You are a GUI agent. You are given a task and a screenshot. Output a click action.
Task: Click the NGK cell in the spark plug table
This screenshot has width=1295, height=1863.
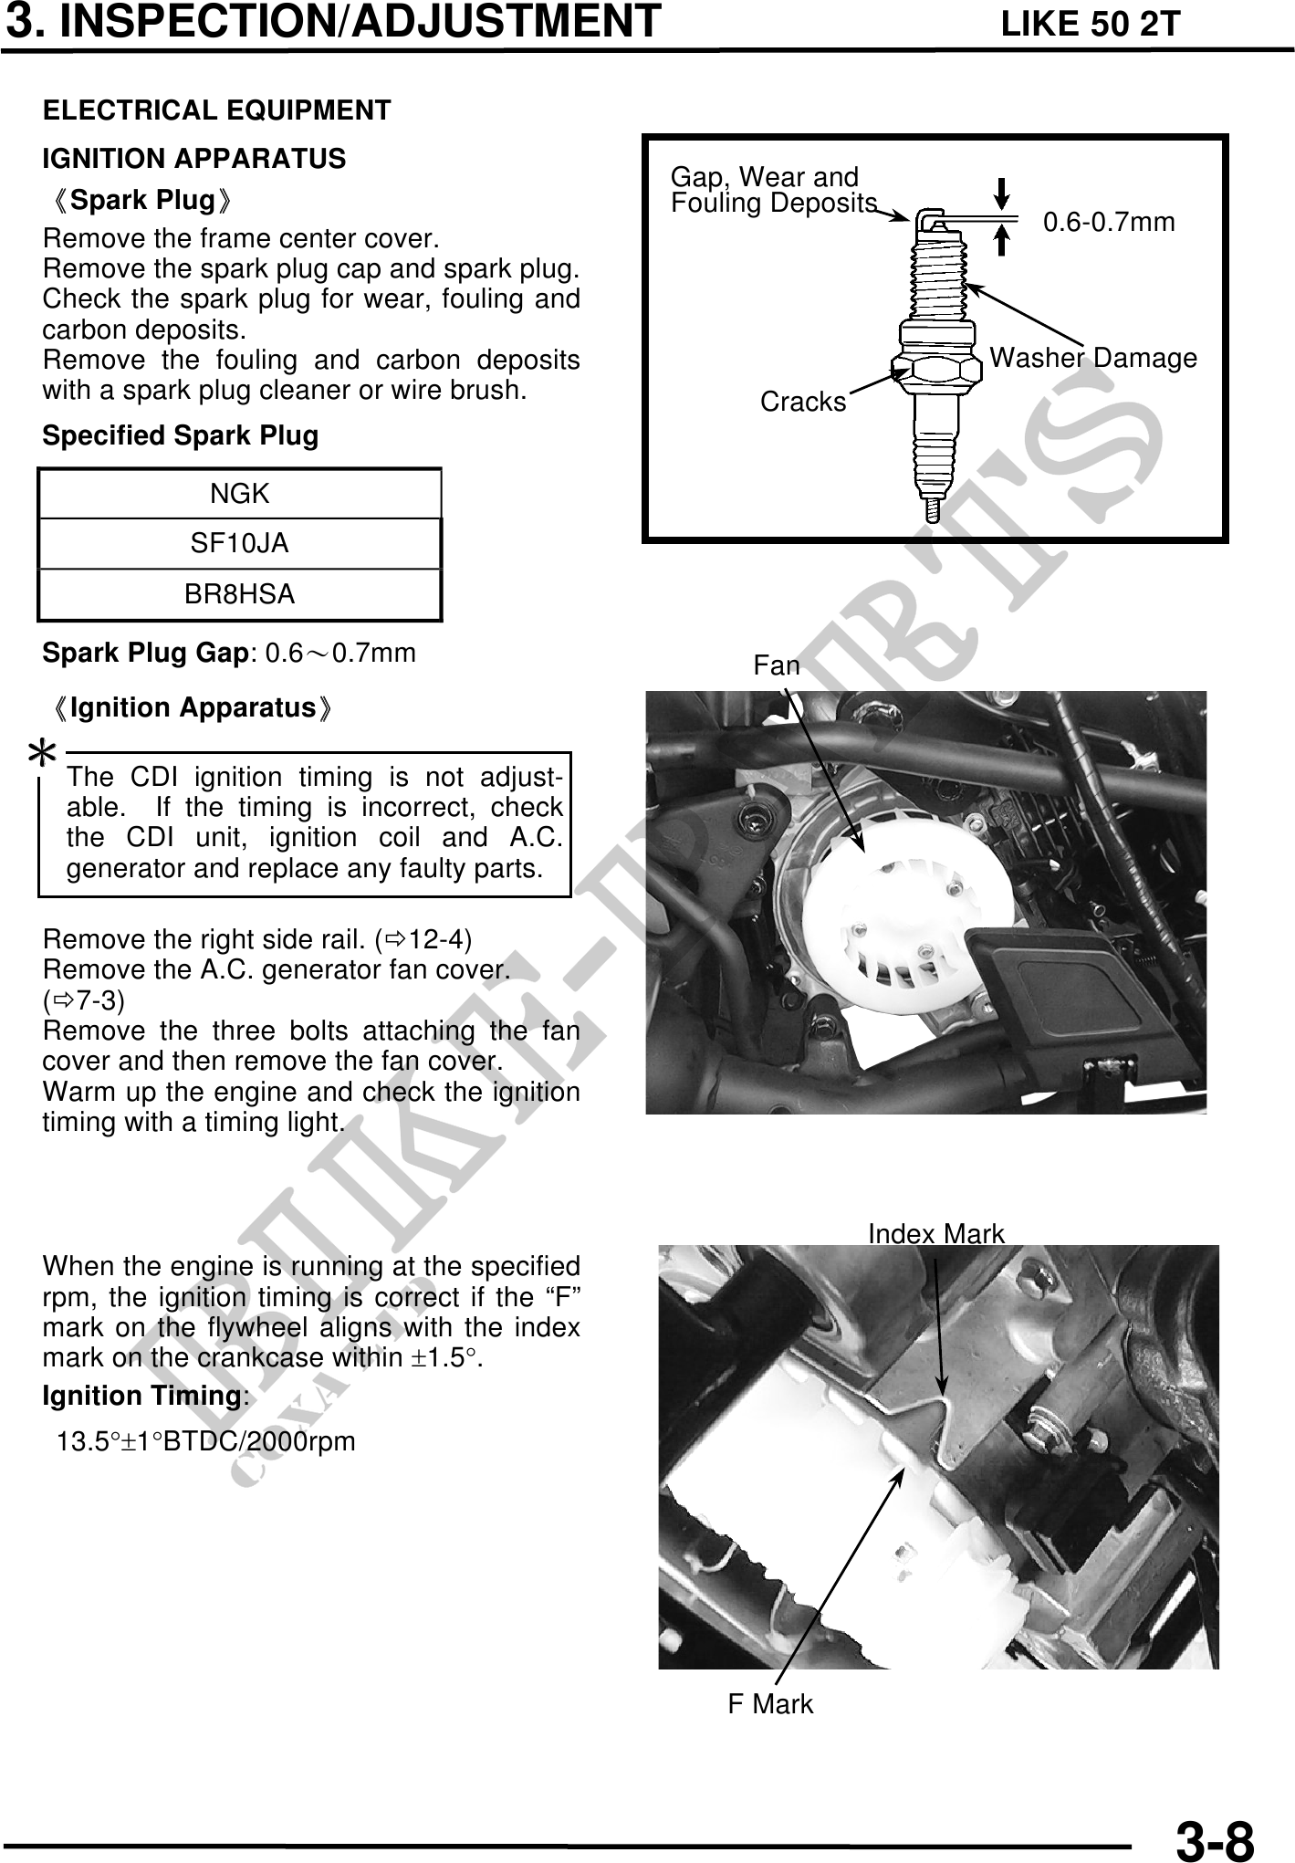tap(240, 494)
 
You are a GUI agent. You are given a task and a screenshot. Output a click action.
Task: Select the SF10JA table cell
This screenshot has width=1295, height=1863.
tap(240, 544)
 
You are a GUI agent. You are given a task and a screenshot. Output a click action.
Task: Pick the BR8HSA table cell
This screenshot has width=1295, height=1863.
tap(240, 594)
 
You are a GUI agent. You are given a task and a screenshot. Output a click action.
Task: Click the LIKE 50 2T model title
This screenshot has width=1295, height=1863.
tap(1091, 25)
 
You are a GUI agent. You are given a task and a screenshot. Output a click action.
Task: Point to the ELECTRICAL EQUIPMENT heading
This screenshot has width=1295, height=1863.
tap(217, 110)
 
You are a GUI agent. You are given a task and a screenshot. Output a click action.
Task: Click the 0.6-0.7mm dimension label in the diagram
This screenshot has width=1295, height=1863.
tap(1109, 222)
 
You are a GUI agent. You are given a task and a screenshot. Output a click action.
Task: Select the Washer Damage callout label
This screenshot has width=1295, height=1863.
tap(1093, 359)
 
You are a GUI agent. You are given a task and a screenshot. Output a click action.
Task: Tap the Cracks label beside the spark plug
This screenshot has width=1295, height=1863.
tap(803, 402)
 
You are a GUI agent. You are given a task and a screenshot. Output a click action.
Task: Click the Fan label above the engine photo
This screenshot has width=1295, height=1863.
tap(777, 666)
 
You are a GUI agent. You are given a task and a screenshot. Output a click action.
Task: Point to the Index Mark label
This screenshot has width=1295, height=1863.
tap(935, 1234)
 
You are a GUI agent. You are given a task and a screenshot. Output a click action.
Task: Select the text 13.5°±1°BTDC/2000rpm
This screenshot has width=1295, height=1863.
tap(206, 1442)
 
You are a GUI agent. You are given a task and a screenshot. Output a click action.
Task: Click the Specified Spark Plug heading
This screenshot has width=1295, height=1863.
tap(181, 435)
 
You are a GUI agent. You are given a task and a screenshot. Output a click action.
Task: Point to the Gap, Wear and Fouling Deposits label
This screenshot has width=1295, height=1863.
tap(772, 190)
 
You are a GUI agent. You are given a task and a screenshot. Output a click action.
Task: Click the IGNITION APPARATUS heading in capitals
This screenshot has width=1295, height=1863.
tap(194, 159)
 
